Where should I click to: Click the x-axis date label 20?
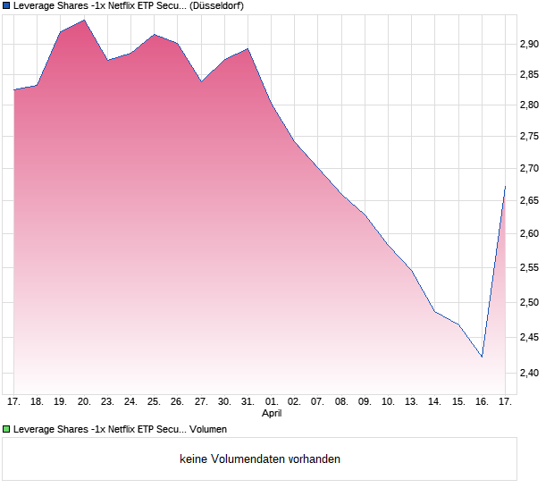[84, 402]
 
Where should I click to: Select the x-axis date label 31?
[248, 402]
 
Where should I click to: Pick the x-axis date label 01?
[271, 402]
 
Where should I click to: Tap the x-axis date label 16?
[482, 402]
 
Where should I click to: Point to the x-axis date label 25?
[154, 402]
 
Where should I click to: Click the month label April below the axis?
[272, 414]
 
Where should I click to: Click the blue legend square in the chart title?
[7, 5]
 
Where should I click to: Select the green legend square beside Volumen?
[7, 430]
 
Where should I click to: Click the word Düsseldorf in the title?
[217, 5]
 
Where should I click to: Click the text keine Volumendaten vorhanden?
[260, 459]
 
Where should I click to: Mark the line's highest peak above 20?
[84, 20]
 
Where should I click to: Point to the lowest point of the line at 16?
[482, 357]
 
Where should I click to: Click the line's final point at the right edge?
[505, 187]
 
